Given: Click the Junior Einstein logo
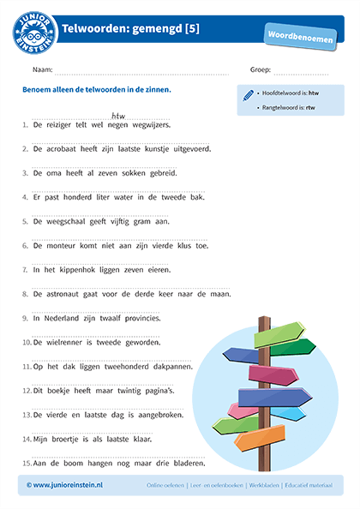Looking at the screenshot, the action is coord(34,30).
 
